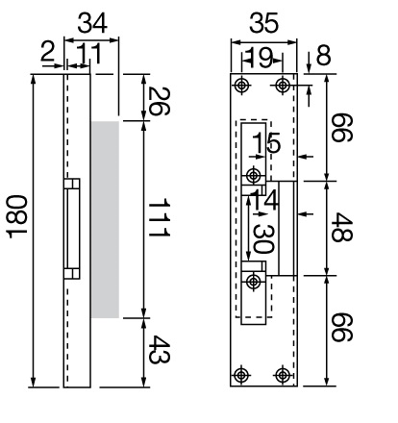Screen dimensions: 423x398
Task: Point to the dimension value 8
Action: tap(323, 55)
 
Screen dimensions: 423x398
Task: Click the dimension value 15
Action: tap(266, 144)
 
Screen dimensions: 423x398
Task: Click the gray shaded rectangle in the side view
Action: tap(106, 220)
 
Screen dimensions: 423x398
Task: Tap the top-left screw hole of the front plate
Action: tap(240, 86)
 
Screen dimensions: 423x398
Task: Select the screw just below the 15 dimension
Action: tap(254, 176)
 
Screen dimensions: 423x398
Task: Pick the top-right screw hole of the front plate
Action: tap(282, 86)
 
